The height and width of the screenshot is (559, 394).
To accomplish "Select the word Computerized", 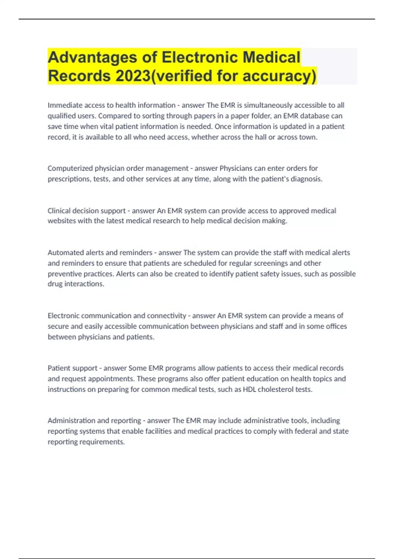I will pyautogui.click(x=70, y=168).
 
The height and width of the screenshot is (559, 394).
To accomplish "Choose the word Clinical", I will pyautogui.click(x=59, y=210).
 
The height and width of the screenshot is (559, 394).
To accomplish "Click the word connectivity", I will pyautogui.click(x=166, y=316).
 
